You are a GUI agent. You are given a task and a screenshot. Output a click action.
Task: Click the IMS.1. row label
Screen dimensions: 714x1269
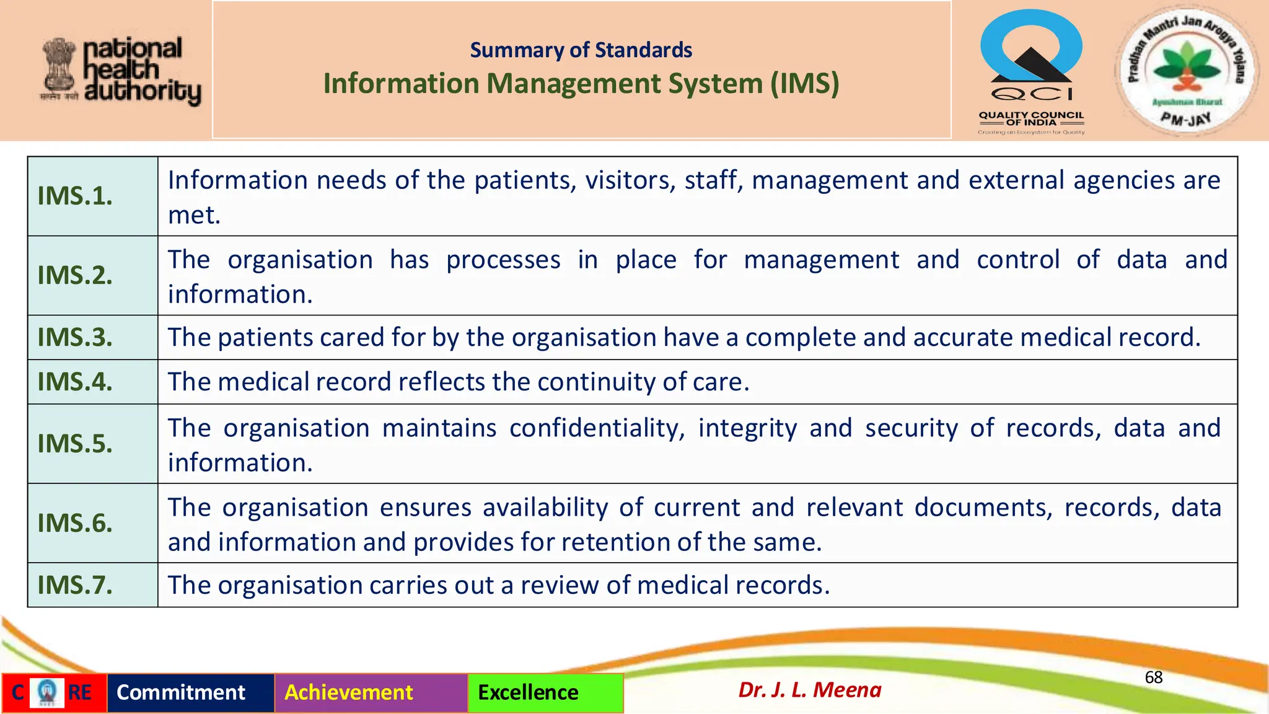pos(75,196)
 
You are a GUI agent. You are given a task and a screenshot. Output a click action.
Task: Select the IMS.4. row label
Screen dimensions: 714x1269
pos(75,382)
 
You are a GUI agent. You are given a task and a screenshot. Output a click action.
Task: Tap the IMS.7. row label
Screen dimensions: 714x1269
pos(75,585)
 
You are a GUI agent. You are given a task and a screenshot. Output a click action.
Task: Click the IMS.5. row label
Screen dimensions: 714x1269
pos(75,444)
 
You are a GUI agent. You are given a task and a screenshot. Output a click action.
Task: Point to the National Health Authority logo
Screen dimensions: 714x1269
pos(121,71)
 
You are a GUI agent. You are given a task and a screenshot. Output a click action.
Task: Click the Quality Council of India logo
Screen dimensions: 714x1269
pos(1031,71)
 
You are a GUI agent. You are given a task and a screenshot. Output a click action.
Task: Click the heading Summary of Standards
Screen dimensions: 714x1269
pos(581,50)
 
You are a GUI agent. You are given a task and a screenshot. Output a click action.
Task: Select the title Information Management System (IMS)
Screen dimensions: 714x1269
pos(581,84)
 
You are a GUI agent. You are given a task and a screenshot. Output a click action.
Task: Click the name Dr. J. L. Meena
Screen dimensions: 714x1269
pos(809,690)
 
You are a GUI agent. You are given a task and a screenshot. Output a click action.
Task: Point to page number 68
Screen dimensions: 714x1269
pos(1153,677)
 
